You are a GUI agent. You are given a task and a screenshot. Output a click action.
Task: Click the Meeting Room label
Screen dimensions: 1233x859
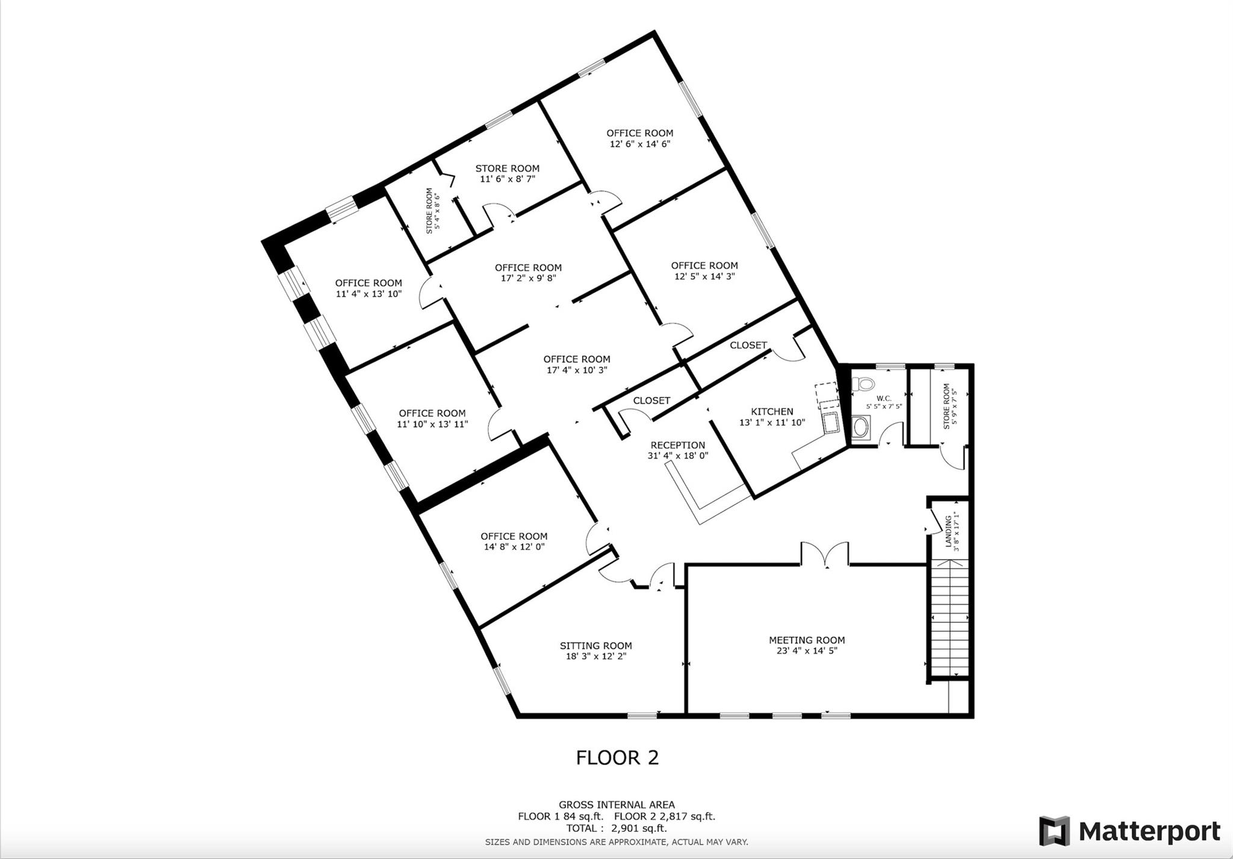[x=807, y=640]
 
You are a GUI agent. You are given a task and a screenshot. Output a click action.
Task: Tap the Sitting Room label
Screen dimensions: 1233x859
[x=596, y=646]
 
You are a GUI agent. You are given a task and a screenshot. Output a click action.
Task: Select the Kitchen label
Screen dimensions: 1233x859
[x=772, y=411]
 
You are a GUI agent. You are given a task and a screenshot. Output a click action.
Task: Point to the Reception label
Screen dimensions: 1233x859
[x=678, y=445]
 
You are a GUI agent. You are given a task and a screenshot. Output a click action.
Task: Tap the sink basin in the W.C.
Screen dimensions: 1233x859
[x=862, y=428]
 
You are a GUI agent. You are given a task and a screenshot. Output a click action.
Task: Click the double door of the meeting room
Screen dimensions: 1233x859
[x=825, y=554]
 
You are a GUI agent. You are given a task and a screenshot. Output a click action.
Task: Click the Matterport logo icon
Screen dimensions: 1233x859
[x=1054, y=831]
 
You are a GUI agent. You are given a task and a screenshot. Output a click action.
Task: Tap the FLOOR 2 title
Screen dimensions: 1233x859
[x=617, y=757]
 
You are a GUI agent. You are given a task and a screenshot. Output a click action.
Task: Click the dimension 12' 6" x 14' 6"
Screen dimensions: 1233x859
[x=640, y=144]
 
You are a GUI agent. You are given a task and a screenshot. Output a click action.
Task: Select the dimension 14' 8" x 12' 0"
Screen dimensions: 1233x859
[x=514, y=547]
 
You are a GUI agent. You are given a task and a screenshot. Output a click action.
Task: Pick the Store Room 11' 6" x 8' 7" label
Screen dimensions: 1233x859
[x=508, y=173]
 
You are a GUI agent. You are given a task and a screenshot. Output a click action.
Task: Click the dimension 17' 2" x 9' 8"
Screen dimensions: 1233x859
[x=529, y=278]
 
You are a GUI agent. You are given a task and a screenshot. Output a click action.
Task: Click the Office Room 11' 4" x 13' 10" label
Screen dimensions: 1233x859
[x=368, y=289]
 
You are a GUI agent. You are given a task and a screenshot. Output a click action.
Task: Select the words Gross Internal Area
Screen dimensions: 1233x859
[x=616, y=805]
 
